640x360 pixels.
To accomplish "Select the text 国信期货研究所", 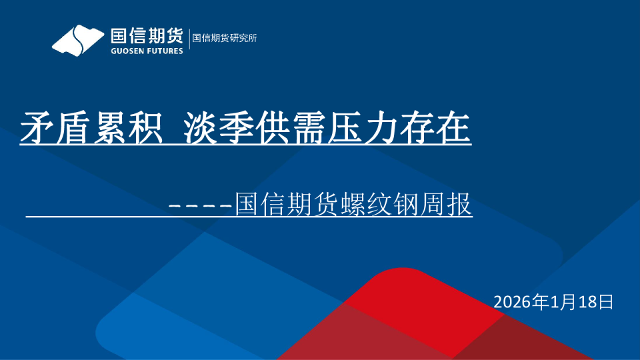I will (x=225, y=38).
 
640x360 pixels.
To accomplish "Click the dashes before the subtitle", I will (x=200, y=205).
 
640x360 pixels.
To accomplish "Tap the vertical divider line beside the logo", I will (x=189, y=38).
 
